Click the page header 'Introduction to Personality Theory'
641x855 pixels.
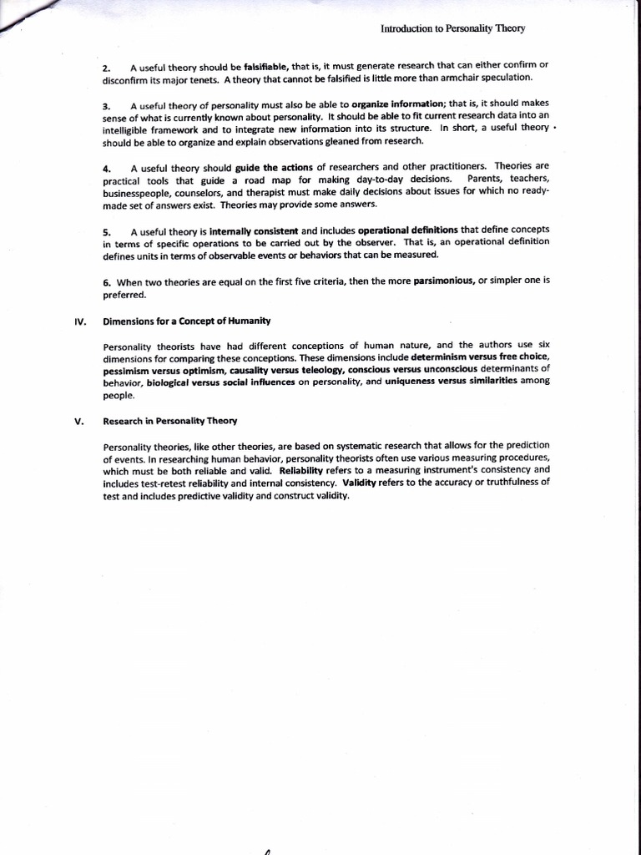pyautogui.click(x=452, y=28)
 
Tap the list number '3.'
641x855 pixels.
pyautogui.click(x=107, y=106)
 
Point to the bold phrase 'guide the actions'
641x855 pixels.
pyautogui.click(x=275, y=167)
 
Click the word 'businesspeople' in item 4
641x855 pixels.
pyautogui.click(x=139, y=191)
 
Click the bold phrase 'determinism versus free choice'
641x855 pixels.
pyautogui.click(x=480, y=357)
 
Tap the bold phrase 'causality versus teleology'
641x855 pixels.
pyautogui.click(x=286, y=369)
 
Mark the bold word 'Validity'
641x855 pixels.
pyautogui.click(x=360, y=483)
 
